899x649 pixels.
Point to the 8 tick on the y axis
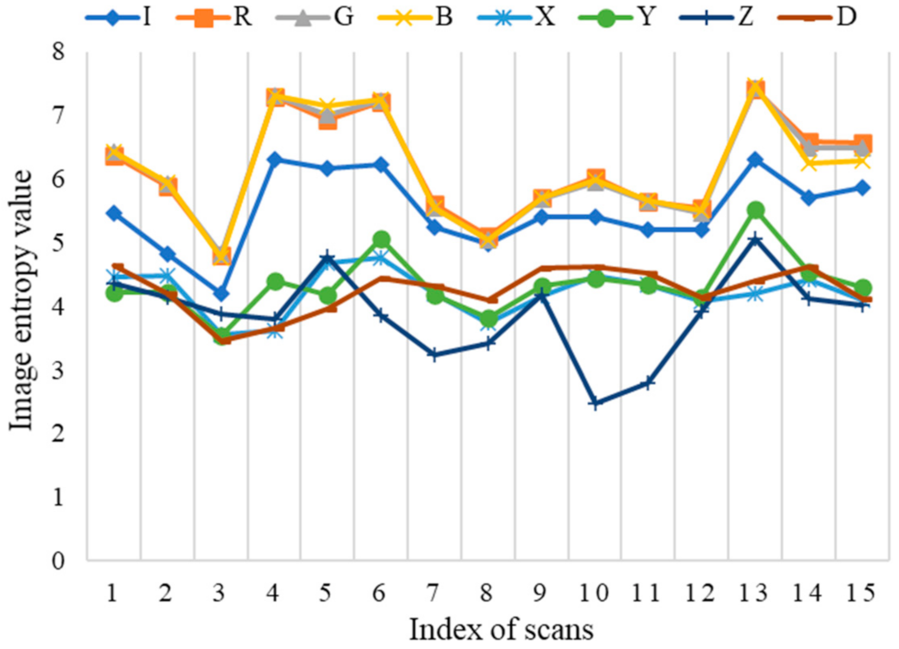[x=59, y=52]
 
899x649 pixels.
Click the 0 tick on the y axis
[x=59, y=560]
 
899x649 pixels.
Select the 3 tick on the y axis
[x=59, y=370]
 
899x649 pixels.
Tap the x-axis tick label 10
[x=594, y=593]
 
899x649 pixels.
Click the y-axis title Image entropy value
[x=21, y=300]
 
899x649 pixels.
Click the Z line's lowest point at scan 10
[x=595, y=403]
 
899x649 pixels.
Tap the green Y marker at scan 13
[x=755, y=210]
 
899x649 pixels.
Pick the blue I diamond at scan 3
[x=221, y=293]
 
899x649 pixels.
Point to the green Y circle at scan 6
[x=381, y=239]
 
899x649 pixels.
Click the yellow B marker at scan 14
[x=809, y=163]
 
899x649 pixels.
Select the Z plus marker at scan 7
[x=434, y=355]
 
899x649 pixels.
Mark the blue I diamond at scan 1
[x=114, y=213]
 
